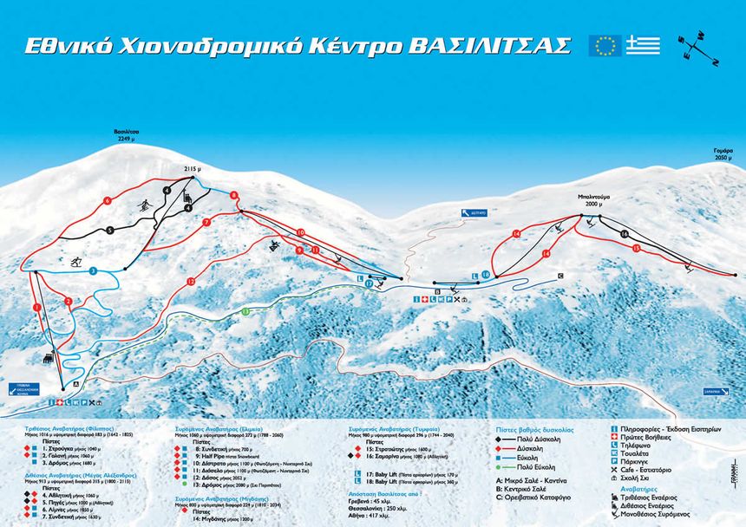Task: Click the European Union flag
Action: (x=604, y=46)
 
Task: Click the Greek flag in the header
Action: (x=644, y=46)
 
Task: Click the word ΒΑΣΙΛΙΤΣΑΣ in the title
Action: (x=493, y=45)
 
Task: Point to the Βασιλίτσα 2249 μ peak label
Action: (x=127, y=136)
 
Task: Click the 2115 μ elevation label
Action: (x=192, y=170)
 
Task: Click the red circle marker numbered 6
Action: (x=107, y=200)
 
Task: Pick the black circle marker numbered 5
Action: (x=110, y=230)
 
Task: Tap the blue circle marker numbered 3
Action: (x=92, y=271)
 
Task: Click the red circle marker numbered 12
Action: (x=191, y=281)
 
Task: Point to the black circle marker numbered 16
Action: (x=624, y=234)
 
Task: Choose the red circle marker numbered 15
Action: (x=636, y=248)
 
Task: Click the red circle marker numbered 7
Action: (x=206, y=223)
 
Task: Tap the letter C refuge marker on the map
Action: (x=560, y=276)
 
